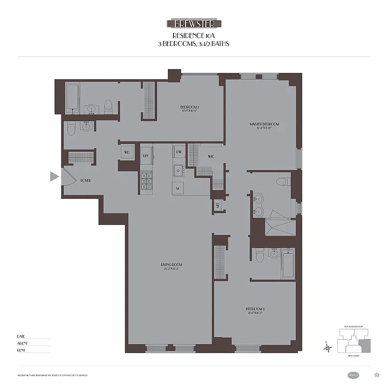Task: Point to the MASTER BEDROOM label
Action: point(264,124)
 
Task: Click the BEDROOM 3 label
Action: point(255,309)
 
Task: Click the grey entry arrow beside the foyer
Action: point(55,177)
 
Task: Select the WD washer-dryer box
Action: point(127,152)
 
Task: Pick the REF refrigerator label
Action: point(145,156)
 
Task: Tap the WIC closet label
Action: point(211,157)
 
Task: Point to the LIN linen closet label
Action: point(218,206)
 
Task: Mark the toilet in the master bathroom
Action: point(282,182)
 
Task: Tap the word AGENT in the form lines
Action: point(22,343)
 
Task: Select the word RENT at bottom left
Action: point(21,350)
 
